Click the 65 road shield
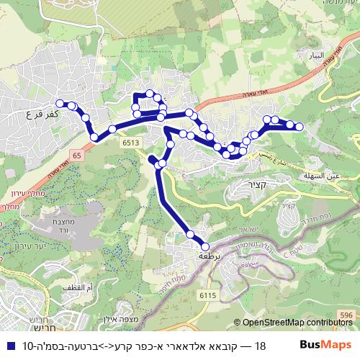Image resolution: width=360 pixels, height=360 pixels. [76, 155]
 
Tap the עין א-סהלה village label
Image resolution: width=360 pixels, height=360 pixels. [322, 174]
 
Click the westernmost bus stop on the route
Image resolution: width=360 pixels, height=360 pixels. [60, 103]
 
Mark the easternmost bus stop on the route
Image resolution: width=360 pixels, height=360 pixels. [300, 127]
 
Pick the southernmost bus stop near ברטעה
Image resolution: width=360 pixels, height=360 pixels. [204, 247]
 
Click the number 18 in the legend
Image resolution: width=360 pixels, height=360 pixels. [261, 345]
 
